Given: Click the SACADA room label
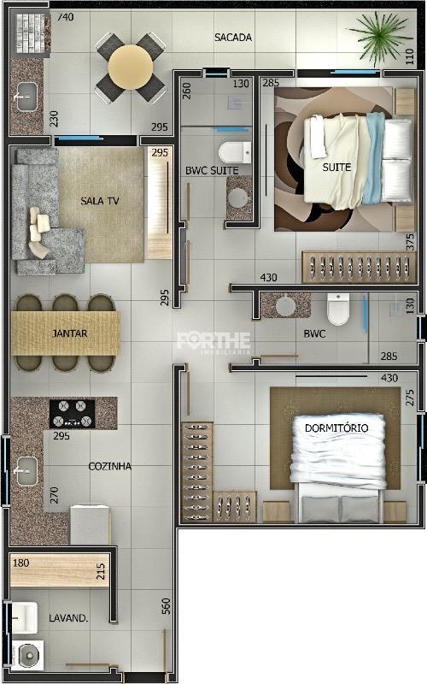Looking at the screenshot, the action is point(233,38).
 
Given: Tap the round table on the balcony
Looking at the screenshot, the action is point(131,67).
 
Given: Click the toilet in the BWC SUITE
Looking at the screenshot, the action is point(235,152).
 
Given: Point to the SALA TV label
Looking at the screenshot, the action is point(99,201).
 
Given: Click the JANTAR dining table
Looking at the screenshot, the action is point(65,333).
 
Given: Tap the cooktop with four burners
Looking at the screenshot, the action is point(72,414).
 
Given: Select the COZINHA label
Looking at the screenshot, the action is point(110,466).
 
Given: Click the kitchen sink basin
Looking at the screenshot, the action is point(26,471).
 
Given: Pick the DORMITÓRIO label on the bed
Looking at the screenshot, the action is point(336,428).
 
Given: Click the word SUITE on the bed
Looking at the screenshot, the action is point(336,167).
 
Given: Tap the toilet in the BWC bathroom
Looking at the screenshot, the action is point(338,310).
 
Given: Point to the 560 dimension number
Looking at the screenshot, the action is point(166,606).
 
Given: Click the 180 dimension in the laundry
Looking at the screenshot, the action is point(20,563).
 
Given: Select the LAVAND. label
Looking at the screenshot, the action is point(68,618).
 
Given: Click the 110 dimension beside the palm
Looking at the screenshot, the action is point(410,56).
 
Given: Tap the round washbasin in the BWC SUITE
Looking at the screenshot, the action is point(239,198).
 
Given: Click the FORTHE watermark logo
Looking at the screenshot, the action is point(213,341).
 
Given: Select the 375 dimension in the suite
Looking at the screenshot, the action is point(410,242).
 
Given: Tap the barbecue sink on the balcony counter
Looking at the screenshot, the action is point(26,97).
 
